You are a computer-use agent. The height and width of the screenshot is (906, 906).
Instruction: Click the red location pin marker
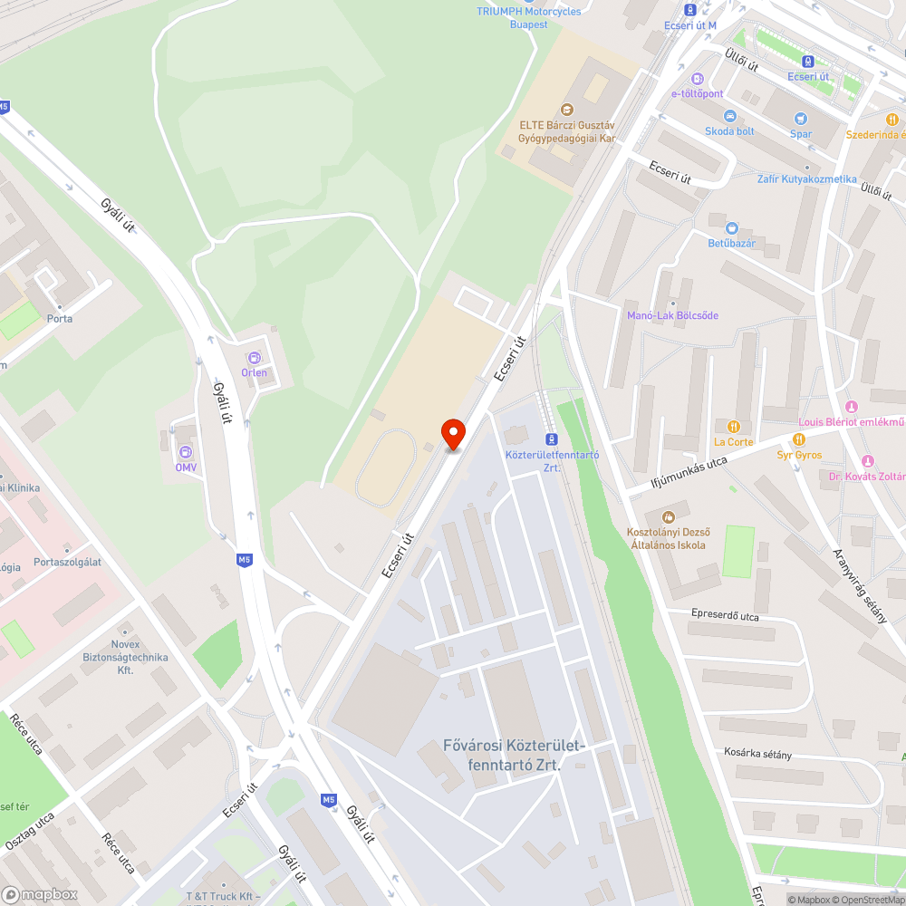(452, 432)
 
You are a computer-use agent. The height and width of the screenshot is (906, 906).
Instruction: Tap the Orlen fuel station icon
(254, 358)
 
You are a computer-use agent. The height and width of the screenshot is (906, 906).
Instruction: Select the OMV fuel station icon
(186, 452)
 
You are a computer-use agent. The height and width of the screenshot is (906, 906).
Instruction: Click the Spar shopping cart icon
(800, 119)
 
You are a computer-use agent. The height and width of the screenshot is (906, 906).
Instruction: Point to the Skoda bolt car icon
(729, 116)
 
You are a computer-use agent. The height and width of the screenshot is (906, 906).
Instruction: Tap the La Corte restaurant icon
(734, 427)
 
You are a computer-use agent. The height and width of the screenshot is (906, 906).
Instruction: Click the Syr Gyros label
(798, 454)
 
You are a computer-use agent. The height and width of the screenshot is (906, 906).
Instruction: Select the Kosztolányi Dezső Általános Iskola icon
(670, 516)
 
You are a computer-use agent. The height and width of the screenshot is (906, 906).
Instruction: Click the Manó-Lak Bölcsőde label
(672, 315)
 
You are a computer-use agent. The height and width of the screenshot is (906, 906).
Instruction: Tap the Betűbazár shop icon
(731, 227)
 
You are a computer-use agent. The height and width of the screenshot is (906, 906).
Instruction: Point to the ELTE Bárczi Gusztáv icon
(567, 110)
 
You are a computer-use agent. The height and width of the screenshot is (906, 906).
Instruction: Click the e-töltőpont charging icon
(697, 79)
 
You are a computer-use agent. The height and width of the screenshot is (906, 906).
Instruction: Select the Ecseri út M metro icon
(690, 10)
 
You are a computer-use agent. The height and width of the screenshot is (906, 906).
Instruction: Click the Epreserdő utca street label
(724, 615)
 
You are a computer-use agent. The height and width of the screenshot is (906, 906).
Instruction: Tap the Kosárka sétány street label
(757, 753)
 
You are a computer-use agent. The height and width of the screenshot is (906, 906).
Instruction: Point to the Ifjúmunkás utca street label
(690, 474)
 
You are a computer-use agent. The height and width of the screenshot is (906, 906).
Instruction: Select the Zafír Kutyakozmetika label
(806, 179)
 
